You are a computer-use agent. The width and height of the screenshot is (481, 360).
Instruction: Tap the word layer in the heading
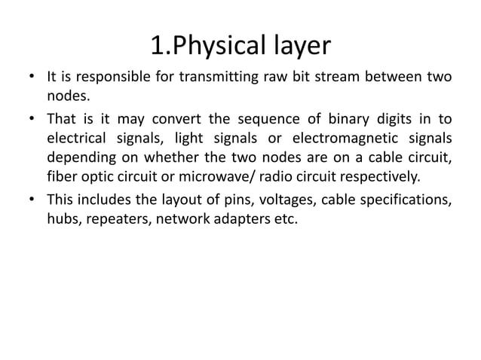pos(299,46)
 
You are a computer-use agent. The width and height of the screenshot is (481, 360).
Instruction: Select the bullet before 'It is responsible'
pos(31,78)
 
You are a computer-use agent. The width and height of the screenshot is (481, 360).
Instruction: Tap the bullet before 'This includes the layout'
pos(31,201)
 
